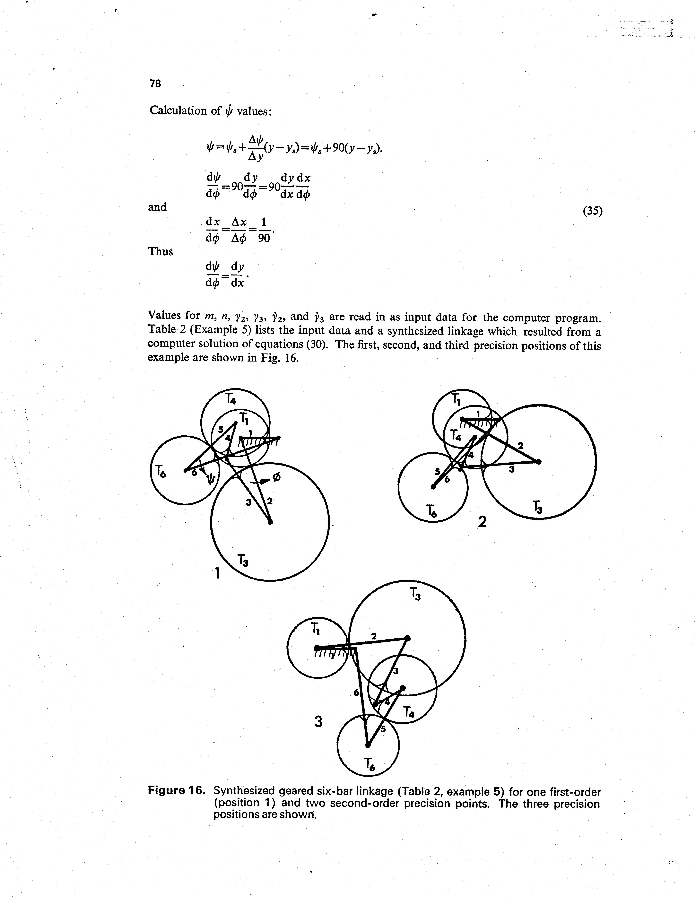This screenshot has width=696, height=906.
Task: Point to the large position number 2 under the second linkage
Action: [482, 522]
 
